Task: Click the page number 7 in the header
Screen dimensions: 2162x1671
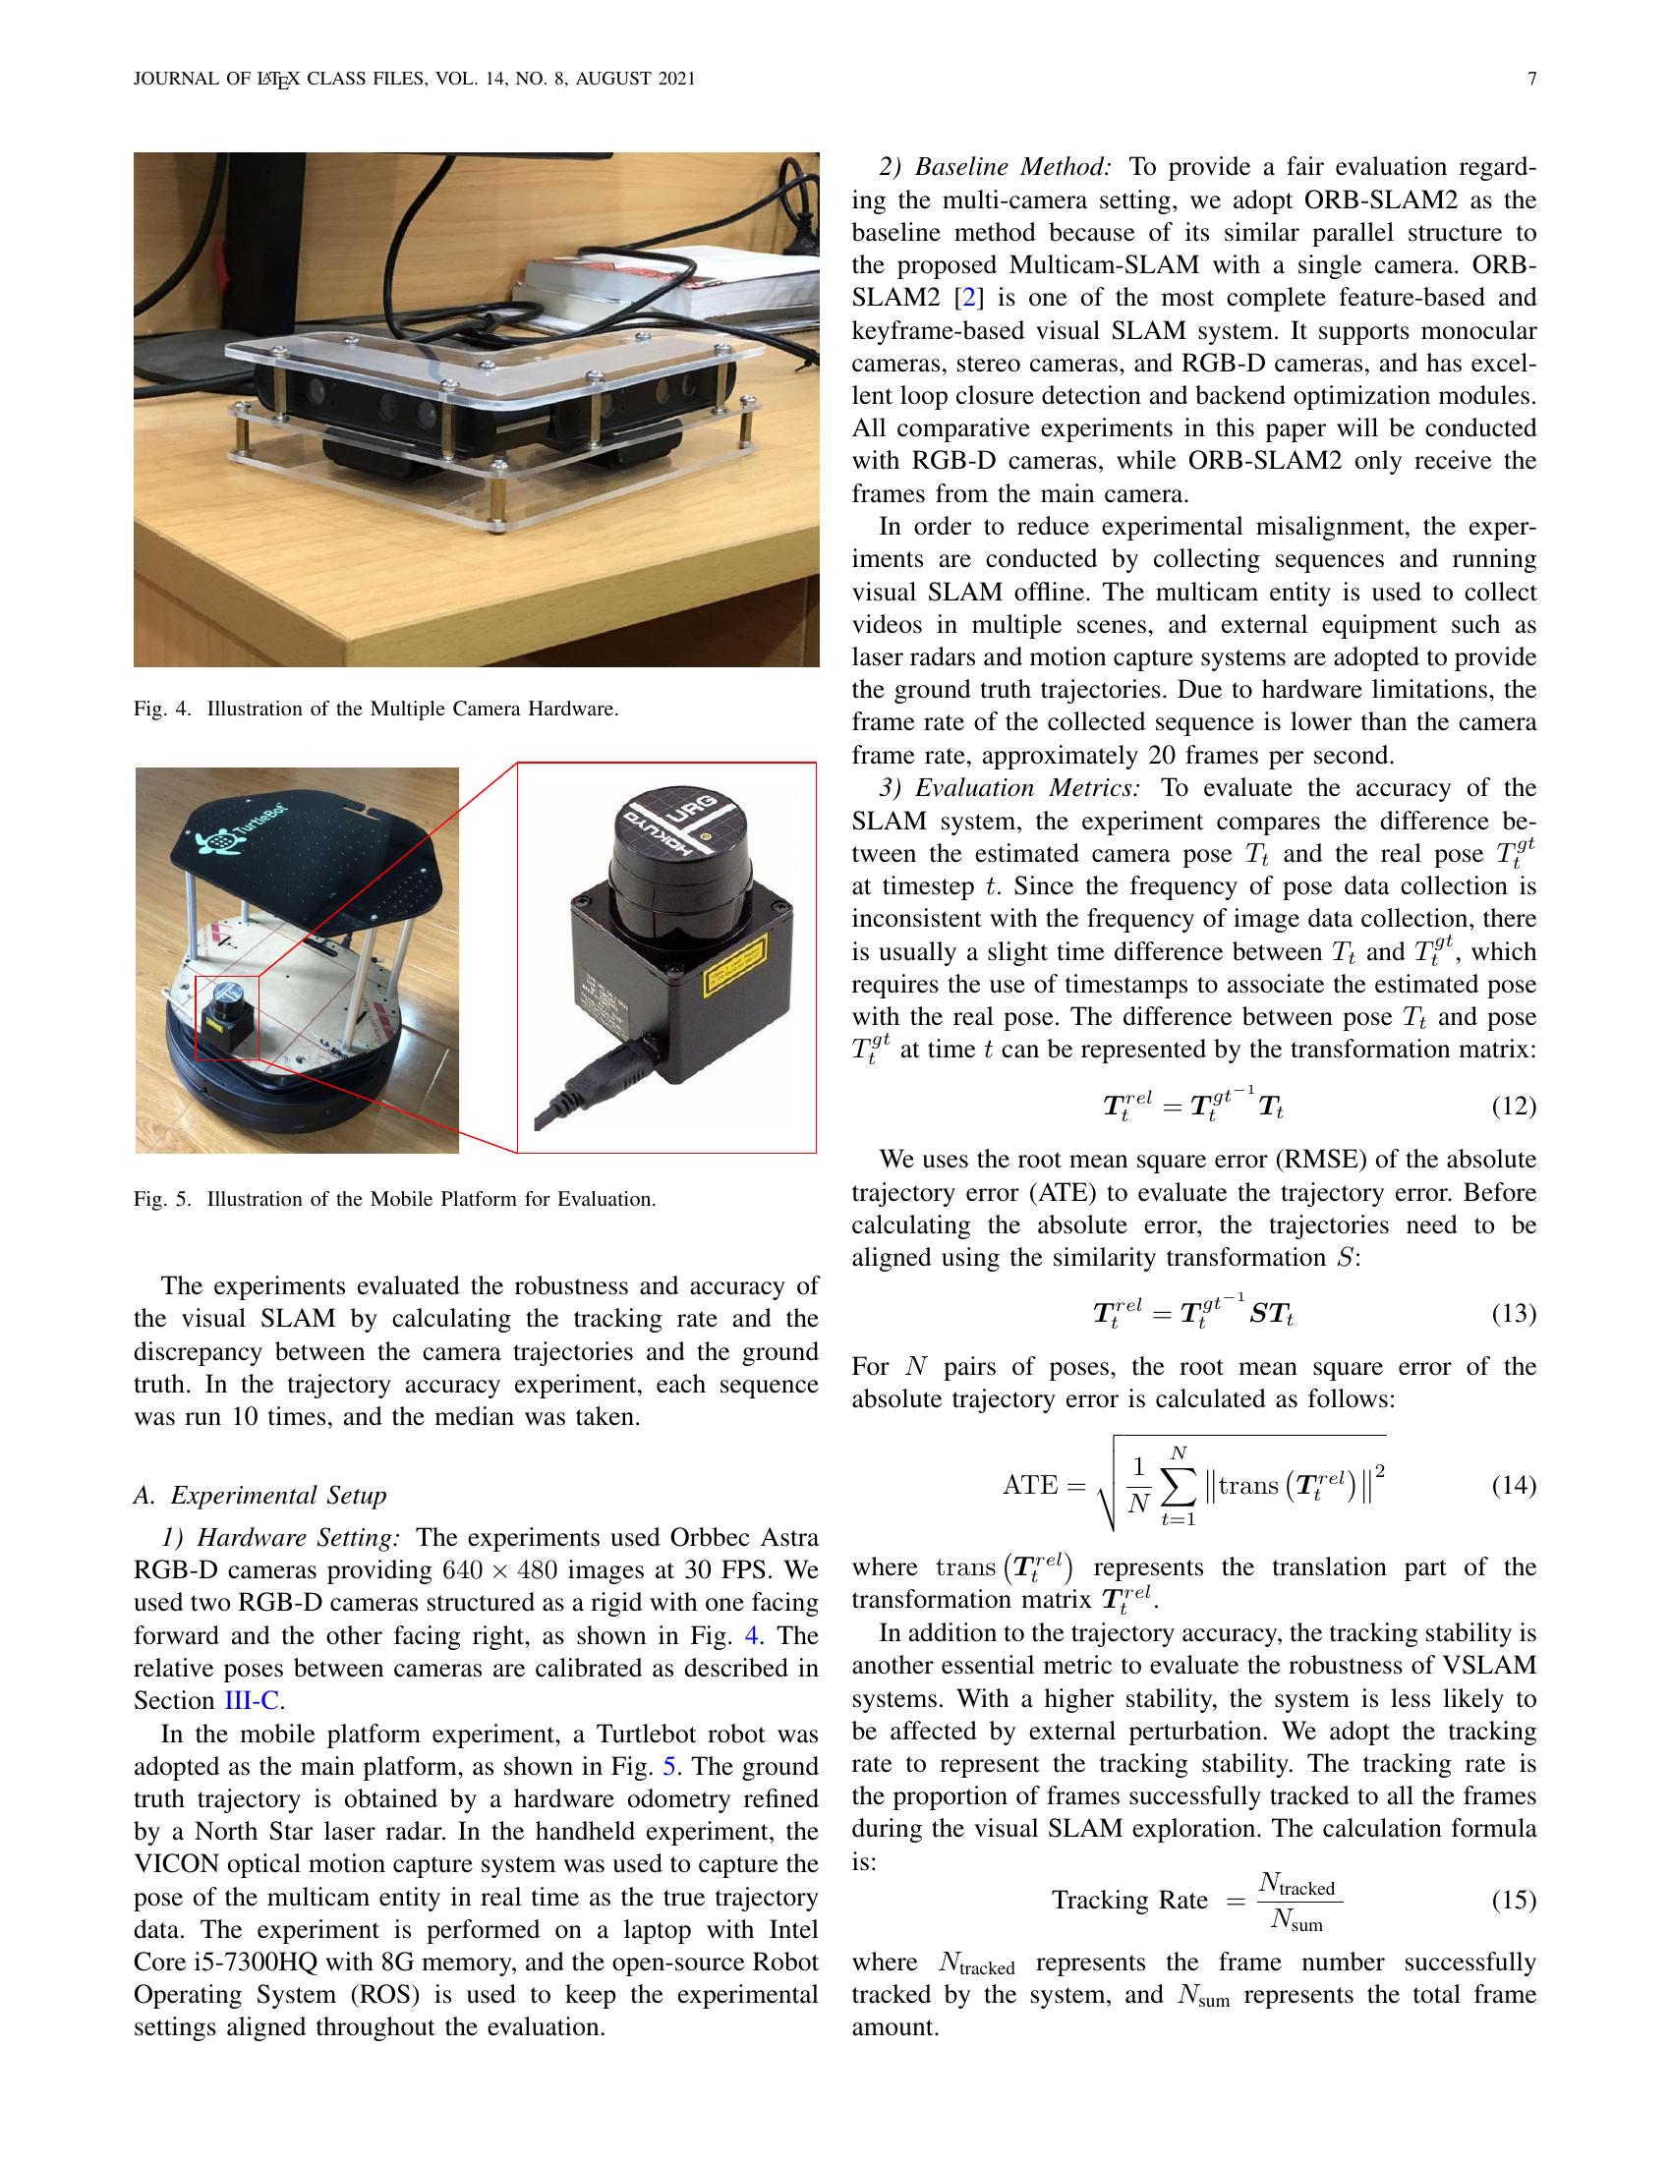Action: coord(1531,80)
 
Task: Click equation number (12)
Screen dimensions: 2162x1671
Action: coord(1514,1106)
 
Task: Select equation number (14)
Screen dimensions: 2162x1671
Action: coord(1514,1485)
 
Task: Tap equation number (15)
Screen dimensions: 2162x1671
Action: coord(1514,1900)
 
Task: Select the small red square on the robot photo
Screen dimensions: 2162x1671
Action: coord(227,1018)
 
